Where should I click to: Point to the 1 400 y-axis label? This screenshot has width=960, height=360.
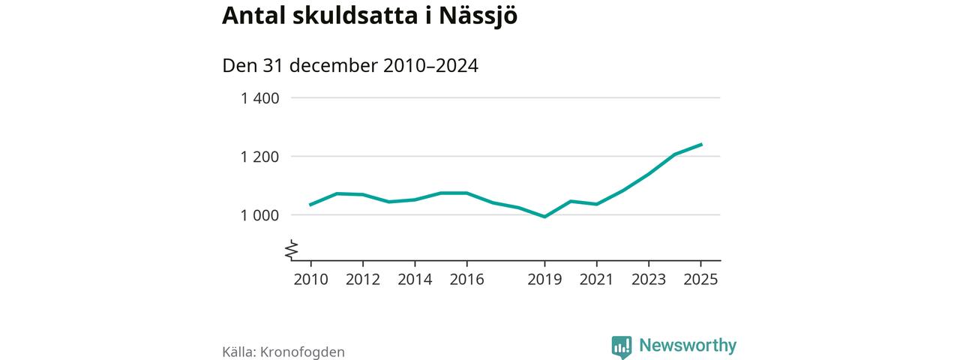[x=259, y=98]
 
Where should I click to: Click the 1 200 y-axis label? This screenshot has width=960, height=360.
[x=259, y=157]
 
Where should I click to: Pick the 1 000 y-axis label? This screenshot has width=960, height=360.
[x=259, y=215]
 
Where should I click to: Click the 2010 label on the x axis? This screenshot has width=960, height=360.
[x=310, y=280]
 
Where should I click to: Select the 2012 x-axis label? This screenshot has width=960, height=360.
[x=363, y=280]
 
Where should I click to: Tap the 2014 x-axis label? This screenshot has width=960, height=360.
[x=415, y=280]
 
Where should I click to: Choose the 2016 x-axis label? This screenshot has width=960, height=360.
[x=466, y=280]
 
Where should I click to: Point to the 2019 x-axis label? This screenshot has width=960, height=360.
[x=544, y=280]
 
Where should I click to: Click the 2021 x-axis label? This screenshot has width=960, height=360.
[x=597, y=280]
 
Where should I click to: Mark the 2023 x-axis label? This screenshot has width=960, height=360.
[x=649, y=280]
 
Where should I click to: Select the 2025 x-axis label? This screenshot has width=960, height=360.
[x=700, y=280]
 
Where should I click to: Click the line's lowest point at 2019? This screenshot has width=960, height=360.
[x=544, y=217]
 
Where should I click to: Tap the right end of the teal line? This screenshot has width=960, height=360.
[x=701, y=144]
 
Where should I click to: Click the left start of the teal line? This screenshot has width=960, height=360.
[x=310, y=205]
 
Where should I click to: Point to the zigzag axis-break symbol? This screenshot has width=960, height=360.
[x=291, y=250]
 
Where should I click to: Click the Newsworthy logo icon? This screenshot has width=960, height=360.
[x=622, y=346]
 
